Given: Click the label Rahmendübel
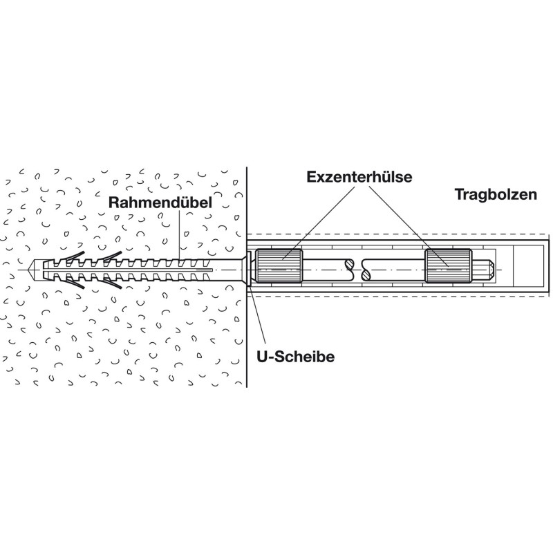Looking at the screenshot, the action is pos(160,203).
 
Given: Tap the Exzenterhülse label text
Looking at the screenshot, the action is pos(359,177).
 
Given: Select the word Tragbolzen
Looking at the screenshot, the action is pos(496,194).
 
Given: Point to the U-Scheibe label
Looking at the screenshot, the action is pos(296,357).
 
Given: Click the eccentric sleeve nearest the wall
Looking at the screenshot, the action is pos(279,265).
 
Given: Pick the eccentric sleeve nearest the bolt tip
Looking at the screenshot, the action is pos(448,265).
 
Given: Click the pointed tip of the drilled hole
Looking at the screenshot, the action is pos(28,270).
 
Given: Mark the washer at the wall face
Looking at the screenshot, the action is pos(249,269).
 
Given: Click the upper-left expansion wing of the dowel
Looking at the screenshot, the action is pos(73,257).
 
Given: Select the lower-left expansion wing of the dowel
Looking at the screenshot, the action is pos(73,283).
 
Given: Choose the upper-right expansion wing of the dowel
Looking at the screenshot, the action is pos(111,257).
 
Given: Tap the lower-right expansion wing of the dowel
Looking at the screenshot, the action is pos(111,283).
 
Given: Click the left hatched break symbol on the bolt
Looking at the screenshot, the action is pos(349,270).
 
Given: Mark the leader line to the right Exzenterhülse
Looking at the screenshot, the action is pos(408,226).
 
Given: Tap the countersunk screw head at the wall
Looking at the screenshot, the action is pos(240,270).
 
